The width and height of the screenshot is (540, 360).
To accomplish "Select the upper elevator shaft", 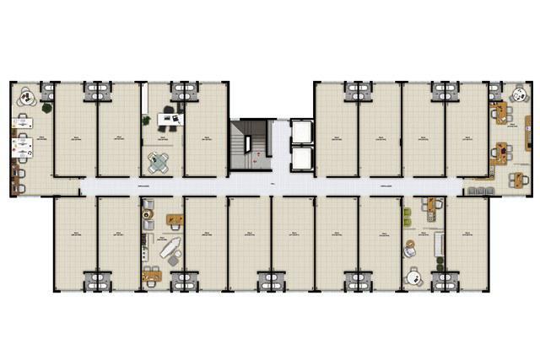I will point(301,132).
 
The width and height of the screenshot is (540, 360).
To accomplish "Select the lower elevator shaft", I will point(301,158).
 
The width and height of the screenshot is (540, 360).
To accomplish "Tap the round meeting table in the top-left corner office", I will point(26,97).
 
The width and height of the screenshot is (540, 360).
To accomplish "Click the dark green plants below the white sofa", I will point(438,261).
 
